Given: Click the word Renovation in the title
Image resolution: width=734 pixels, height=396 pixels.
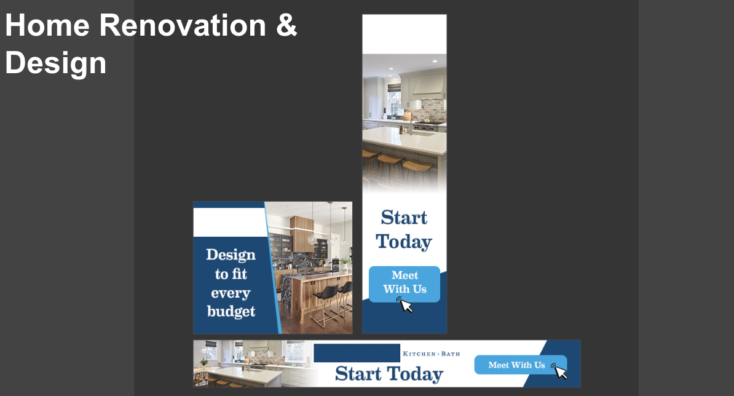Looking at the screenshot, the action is point(183,25).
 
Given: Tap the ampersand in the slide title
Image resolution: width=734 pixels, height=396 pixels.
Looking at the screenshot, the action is point(286,25).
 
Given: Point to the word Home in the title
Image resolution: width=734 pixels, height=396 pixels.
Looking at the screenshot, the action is point(47,25).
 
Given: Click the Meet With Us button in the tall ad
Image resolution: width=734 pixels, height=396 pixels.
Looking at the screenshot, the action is point(404,284).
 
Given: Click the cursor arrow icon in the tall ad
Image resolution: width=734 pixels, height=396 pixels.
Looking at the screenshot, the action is point(405,305).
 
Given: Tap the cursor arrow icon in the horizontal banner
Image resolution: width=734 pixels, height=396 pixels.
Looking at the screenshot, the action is point(560,371).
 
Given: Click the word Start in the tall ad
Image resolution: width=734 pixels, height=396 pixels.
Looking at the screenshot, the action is point(404,218).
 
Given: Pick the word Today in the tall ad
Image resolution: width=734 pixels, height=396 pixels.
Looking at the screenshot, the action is point(404,242).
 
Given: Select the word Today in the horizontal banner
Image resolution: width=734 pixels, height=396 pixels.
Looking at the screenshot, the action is point(415,374).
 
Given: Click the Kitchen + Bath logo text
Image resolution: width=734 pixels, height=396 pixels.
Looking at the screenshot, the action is point(431,354).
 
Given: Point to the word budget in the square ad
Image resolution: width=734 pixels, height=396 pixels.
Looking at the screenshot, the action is point(231,312).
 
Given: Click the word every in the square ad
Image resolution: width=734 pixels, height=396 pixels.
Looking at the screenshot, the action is point(231,293).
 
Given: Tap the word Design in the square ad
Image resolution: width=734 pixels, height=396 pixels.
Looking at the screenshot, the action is point(231,255).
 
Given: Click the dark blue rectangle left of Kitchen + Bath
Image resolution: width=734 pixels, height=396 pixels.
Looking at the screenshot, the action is point(357,353).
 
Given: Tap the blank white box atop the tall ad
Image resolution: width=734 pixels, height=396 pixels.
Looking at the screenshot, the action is point(404,34).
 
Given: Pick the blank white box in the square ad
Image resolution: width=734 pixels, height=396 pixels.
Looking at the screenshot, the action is point(229,223).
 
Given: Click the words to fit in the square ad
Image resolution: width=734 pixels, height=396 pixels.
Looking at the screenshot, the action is point(231,274).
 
